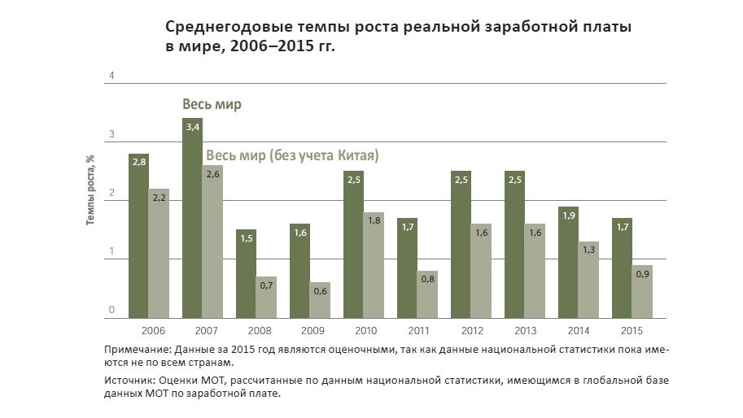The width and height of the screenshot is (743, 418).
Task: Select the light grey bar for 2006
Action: tap(159, 253)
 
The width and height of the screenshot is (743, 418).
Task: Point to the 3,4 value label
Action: tap(193, 128)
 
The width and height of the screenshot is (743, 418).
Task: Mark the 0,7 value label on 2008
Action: tap(266, 286)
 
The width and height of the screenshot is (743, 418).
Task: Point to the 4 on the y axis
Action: tap(111, 76)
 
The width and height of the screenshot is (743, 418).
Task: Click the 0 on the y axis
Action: tap(111, 310)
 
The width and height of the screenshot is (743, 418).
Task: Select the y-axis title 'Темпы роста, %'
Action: tap(92, 192)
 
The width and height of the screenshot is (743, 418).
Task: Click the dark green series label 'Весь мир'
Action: tap(211, 106)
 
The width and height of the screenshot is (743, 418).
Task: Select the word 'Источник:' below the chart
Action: tap(130, 380)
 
